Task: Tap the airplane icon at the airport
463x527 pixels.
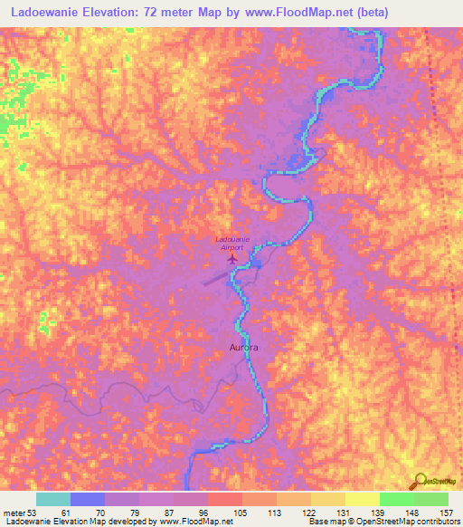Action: point(232,259)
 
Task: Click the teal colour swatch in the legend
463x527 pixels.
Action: point(53,500)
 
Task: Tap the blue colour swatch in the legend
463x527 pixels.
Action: point(88,500)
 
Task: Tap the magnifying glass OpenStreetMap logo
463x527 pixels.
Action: point(419,481)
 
